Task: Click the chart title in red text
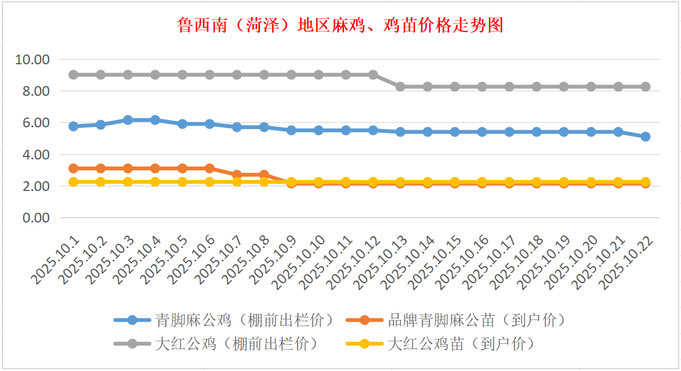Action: coord(340,26)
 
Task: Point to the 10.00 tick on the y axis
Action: coord(33,59)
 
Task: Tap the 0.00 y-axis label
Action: coord(36,218)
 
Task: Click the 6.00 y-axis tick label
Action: coord(36,123)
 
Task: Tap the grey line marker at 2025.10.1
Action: coord(73,75)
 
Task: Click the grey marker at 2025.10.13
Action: coord(400,87)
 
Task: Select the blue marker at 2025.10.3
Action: coord(128,120)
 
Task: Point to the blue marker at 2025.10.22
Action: coord(646,136)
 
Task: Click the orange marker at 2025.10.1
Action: coord(73,168)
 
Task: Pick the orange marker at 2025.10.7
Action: coord(237,175)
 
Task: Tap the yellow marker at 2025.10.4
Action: coord(155,182)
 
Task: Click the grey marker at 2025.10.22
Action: coord(646,87)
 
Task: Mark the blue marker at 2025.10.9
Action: coord(291,130)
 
